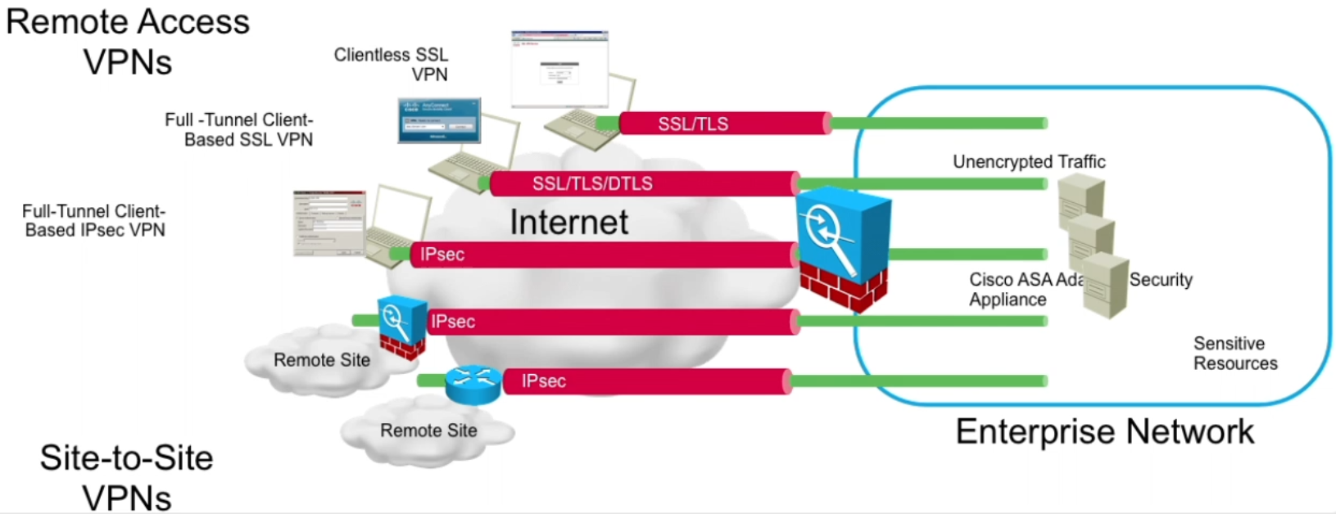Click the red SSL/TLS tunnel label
tap(693, 124)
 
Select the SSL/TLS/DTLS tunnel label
tap(592, 183)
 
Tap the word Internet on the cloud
tap(569, 222)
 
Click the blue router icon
tap(473, 383)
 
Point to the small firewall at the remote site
tap(401, 327)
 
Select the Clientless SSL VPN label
tap(392, 65)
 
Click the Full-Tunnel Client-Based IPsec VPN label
tap(94, 221)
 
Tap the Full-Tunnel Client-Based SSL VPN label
tap(239, 130)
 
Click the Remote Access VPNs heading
tap(128, 42)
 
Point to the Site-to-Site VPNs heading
tap(127, 477)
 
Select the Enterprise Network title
tap(1104, 431)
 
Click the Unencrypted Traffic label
tap(1029, 162)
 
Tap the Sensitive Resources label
tap(1234, 354)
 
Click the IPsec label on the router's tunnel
tap(544, 381)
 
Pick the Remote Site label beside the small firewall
tap(322, 360)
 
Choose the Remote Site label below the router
tap(428, 431)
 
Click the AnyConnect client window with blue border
tap(439, 120)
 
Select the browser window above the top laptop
tap(559, 69)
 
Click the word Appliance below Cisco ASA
tap(1008, 300)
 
